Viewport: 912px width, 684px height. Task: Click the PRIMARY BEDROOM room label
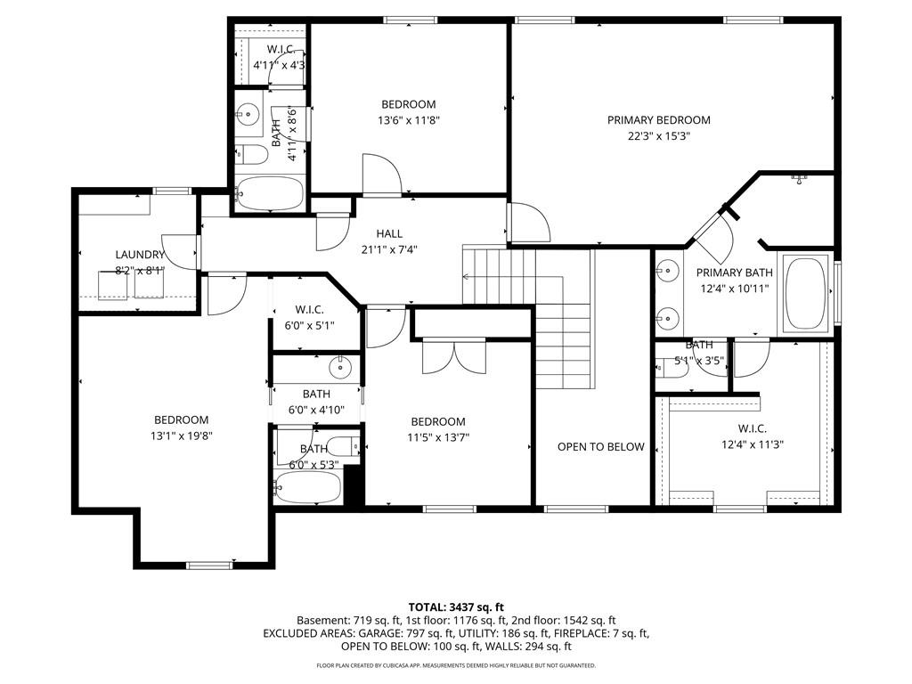[658, 120]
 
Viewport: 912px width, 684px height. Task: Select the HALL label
[389, 234]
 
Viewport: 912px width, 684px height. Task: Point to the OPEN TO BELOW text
[601, 447]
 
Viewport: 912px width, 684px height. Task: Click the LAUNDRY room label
[140, 255]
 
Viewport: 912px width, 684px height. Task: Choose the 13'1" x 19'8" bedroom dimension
[182, 436]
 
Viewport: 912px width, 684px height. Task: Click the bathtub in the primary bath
[805, 291]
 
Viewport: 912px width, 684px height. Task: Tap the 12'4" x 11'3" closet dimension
[753, 444]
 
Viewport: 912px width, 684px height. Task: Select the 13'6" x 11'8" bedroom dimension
[408, 120]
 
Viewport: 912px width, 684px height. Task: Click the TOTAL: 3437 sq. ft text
[456, 607]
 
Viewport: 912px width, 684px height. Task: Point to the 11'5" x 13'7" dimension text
[438, 437]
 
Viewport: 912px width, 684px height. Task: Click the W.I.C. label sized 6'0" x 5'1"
[309, 309]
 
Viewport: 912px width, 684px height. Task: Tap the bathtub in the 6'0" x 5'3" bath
[307, 486]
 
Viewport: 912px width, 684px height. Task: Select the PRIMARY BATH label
[735, 273]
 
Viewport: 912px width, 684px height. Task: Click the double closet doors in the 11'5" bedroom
[454, 355]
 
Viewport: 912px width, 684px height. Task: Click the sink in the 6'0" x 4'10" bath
[339, 367]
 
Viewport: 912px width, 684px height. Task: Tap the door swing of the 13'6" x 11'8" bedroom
[381, 174]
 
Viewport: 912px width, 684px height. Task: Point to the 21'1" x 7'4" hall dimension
[389, 249]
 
